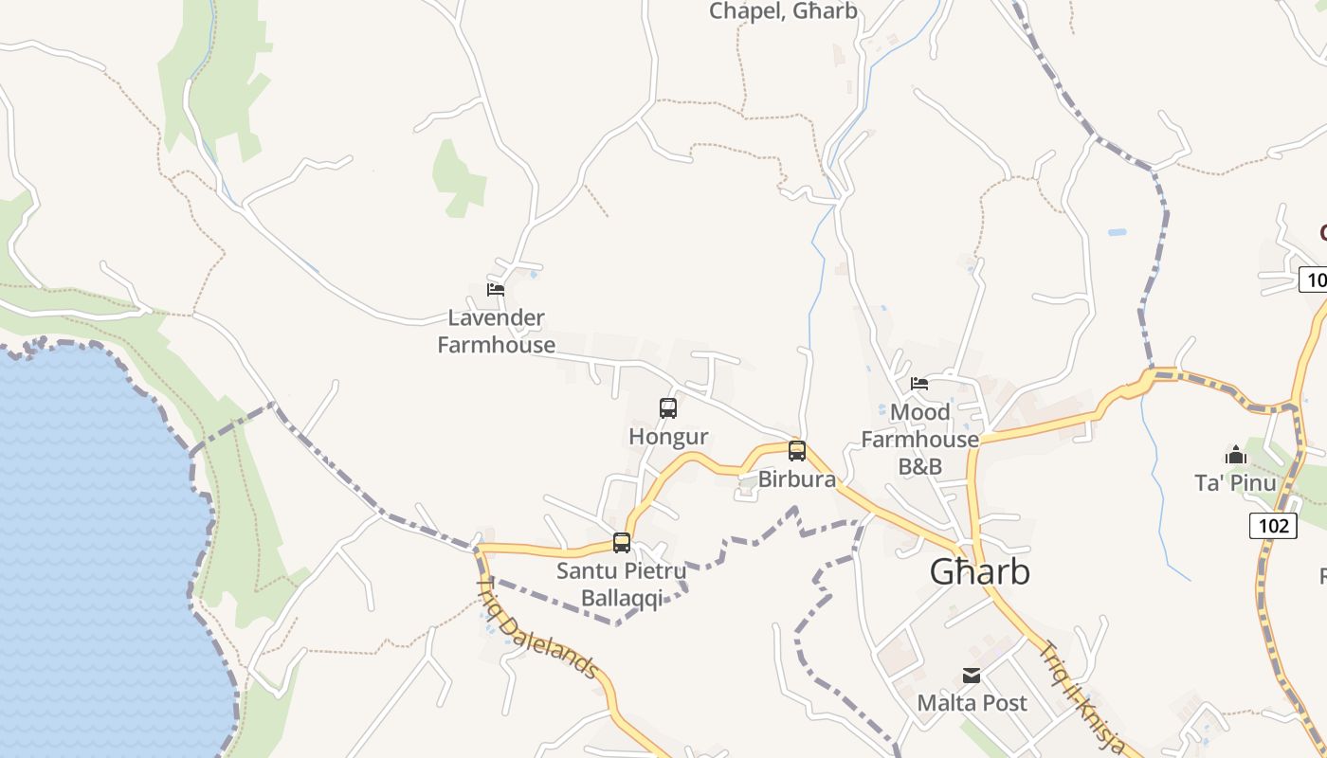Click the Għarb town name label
pos(979,572)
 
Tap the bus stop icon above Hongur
pos(668,408)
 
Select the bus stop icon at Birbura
pos(797,451)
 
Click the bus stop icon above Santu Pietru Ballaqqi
pos(622,543)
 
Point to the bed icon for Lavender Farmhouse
pos(496,290)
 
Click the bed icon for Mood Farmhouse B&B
pos(919,384)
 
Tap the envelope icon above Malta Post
pos(972,676)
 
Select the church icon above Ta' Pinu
pos(1235,456)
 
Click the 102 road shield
pos(1272,525)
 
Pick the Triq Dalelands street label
pos(537,627)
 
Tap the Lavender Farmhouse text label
pos(497,332)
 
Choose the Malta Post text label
pos(972,703)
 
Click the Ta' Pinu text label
pos(1235,483)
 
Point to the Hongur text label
pos(668,437)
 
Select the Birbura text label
pos(797,479)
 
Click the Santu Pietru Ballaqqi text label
pos(621,585)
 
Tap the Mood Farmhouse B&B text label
pos(919,440)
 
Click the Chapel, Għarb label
pos(783,11)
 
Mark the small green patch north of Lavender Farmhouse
pos(458,178)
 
